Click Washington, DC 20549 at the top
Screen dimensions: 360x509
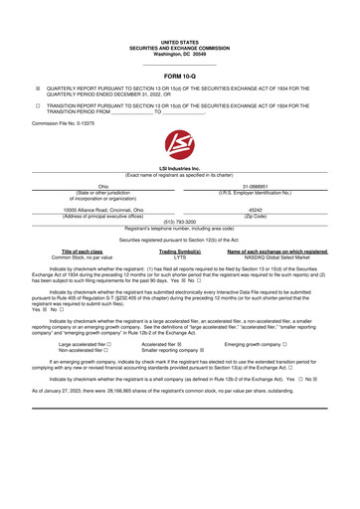[180, 27]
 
